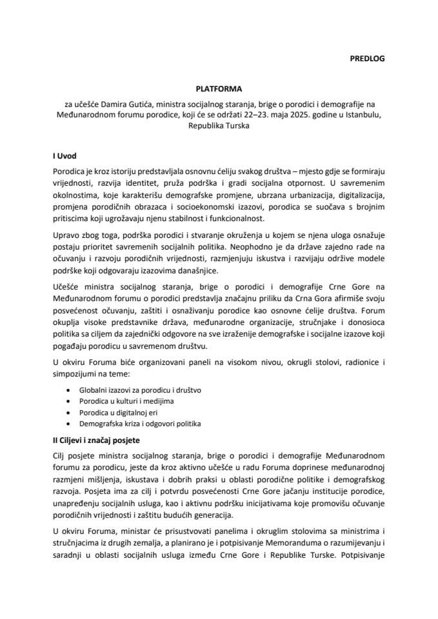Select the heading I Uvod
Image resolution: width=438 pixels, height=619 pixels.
(65, 155)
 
